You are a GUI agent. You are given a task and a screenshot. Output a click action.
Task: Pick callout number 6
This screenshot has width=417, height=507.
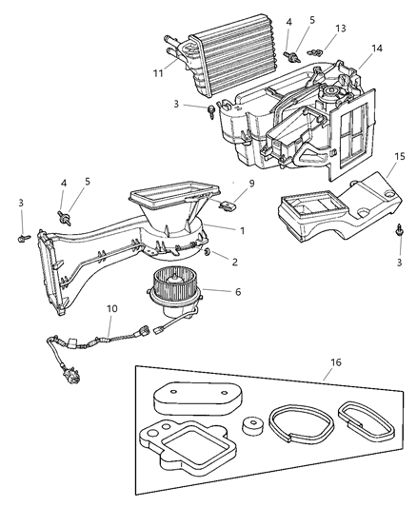tap(224, 292)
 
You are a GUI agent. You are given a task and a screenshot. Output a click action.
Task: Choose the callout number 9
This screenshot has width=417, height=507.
tap(251, 184)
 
